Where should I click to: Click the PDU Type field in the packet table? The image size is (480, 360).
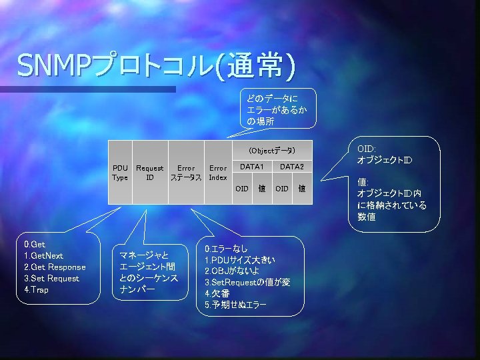(x=121, y=173)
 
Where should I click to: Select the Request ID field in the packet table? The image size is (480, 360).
(x=150, y=173)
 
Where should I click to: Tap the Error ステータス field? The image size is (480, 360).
(x=186, y=173)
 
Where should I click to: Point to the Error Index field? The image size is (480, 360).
(x=218, y=173)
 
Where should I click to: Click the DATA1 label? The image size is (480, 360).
(x=252, y=166)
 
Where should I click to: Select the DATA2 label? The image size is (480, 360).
(x=292, y=166)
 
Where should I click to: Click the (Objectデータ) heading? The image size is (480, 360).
(x=271, y=151)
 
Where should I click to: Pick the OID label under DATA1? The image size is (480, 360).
(x=242, y=189)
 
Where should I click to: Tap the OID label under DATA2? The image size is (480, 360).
(x=282, y=189)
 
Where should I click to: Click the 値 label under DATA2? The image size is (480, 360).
(x=301, y=189)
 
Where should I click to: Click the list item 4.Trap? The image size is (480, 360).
(x=36, y=290)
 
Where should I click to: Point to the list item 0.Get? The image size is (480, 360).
(x=35, y=245)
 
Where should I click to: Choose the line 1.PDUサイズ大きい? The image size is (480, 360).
(x=240, y=259)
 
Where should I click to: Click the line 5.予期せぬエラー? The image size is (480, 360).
(x=235, y=305)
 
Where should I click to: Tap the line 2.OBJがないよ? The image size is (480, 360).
(x=232, y=271)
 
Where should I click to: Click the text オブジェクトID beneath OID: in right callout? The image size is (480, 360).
(x=385, y=161)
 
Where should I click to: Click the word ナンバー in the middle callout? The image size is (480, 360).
(x=137, y=290)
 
